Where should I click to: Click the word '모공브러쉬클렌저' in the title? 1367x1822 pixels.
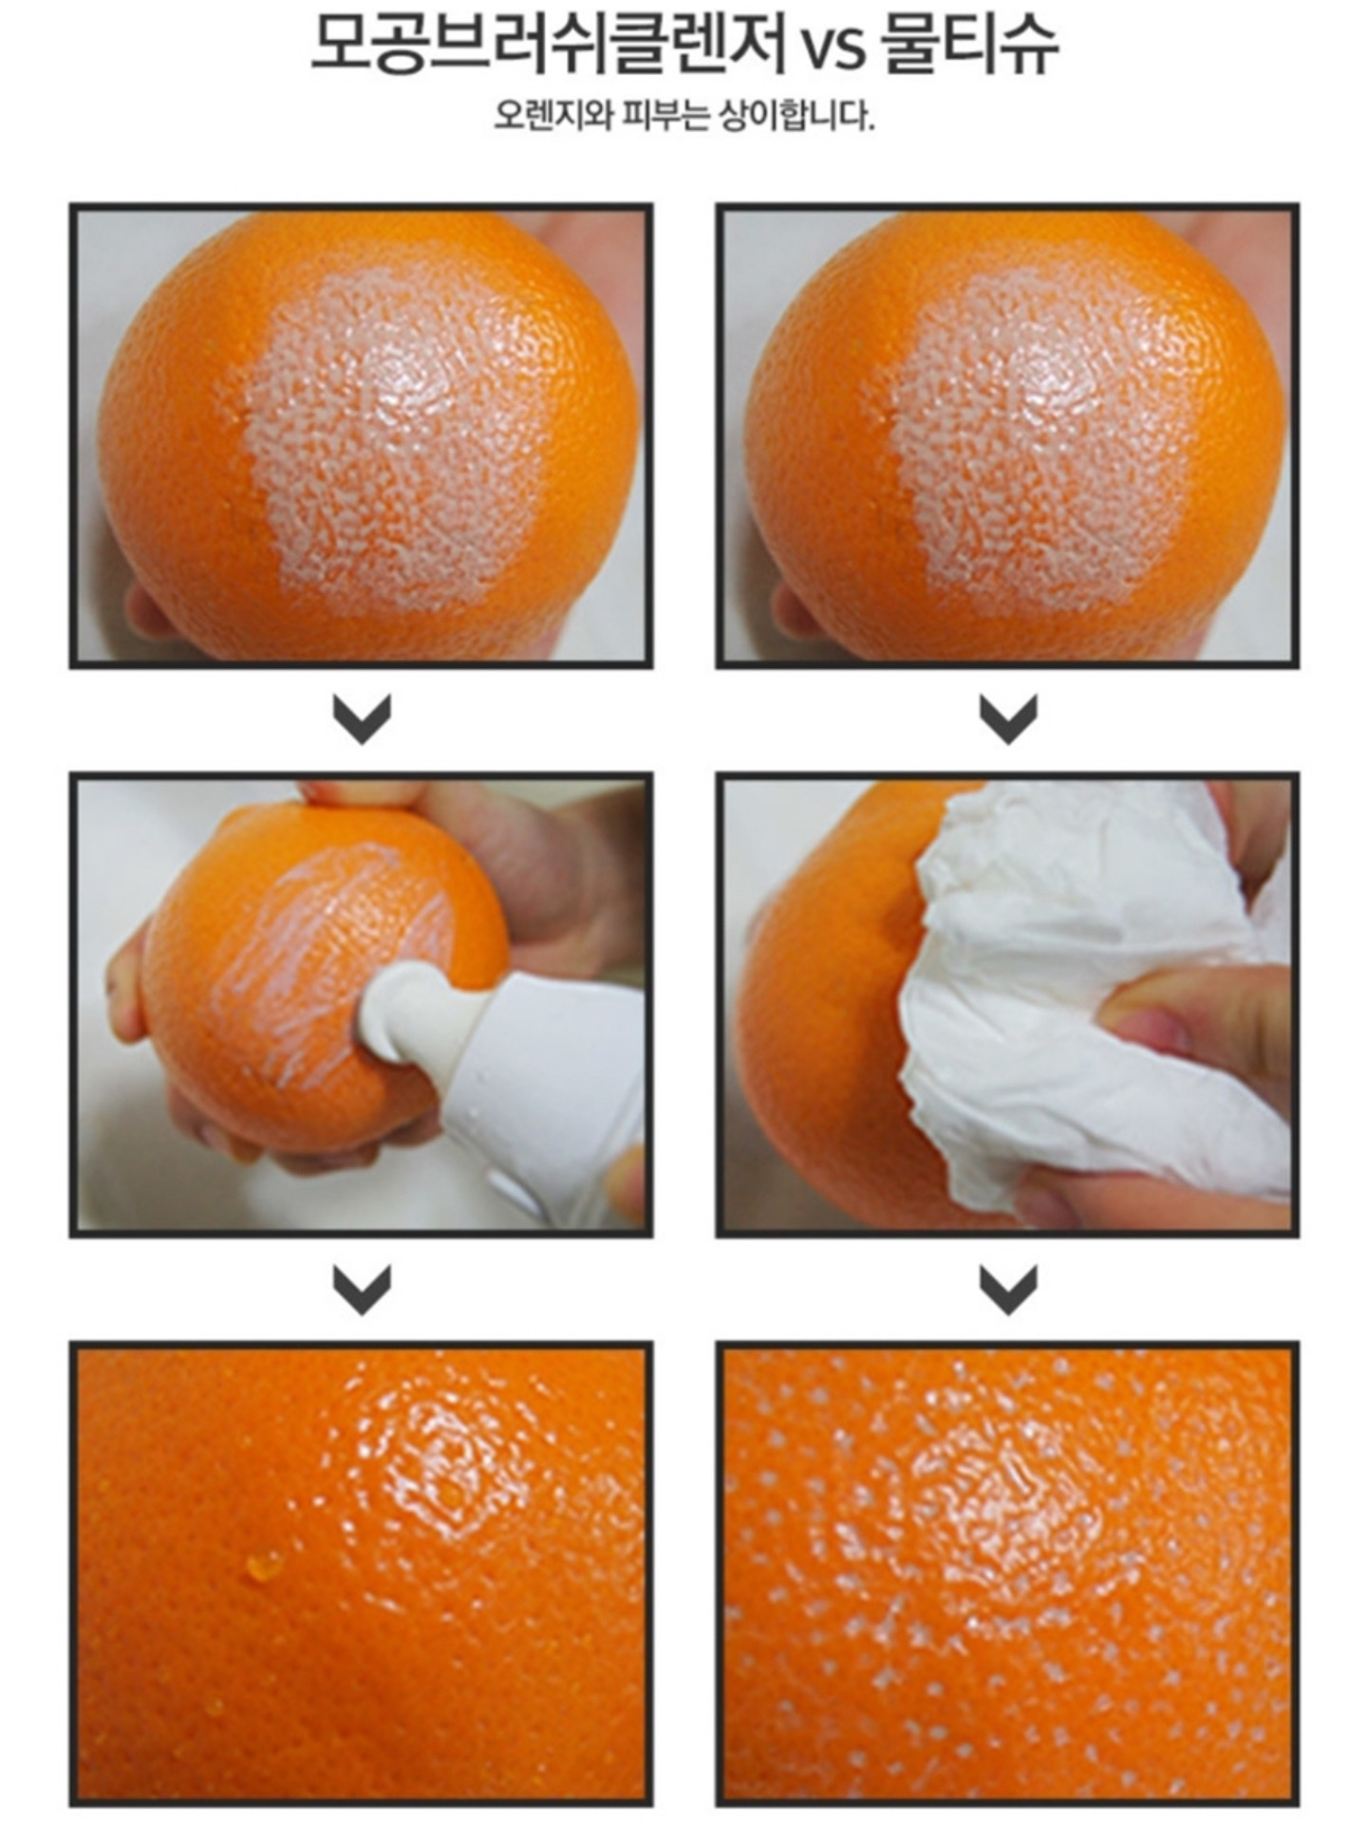[549, 46]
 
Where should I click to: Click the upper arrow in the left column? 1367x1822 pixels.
[362, 718]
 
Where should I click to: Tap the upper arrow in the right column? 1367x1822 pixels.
[1008, 718]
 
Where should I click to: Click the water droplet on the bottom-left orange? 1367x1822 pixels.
[264, 1565]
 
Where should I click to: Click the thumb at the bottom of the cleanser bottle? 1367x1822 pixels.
[627, 1181]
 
